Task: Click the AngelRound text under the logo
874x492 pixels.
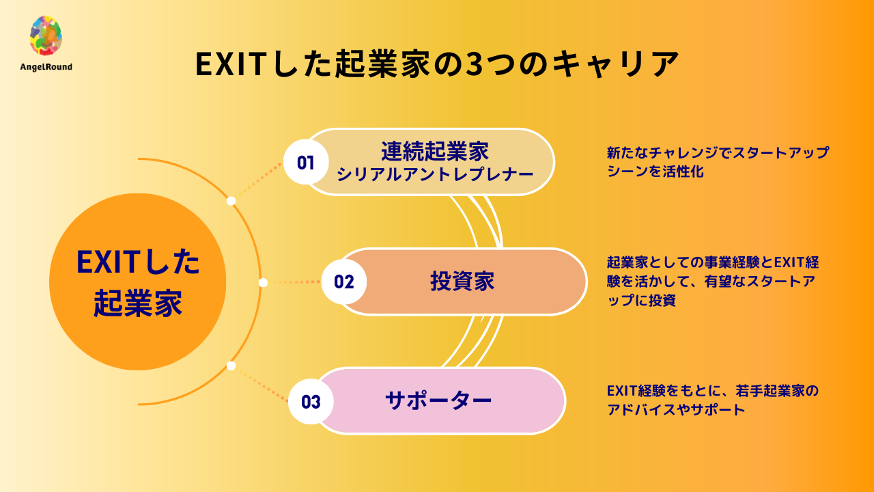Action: (x=46, y=67)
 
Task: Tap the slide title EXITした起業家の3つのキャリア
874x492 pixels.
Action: (x=437, y=65)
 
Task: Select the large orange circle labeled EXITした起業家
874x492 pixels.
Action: (x=138, y=282)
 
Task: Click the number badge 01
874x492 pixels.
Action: (x=305, y=163)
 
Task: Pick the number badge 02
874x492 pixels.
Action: (x=344, y=282)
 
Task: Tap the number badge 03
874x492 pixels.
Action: (x=311, y=401)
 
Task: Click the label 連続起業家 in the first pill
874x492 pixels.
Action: (x=435, y=150)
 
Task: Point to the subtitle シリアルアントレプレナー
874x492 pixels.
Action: (x=435, y=174)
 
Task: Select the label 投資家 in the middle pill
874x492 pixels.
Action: (x=462, y=282)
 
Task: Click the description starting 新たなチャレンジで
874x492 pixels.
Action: (x=717, y=162)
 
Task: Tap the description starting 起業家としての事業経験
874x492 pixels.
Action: (x=713, y=282)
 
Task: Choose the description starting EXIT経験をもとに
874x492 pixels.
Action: (x=712, y=400)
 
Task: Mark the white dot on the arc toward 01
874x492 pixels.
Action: (x=231, y=201)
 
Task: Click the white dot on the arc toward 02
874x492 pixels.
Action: (x=264, y=282)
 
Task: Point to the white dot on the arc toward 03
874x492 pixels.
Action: (x=231, y=366)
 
